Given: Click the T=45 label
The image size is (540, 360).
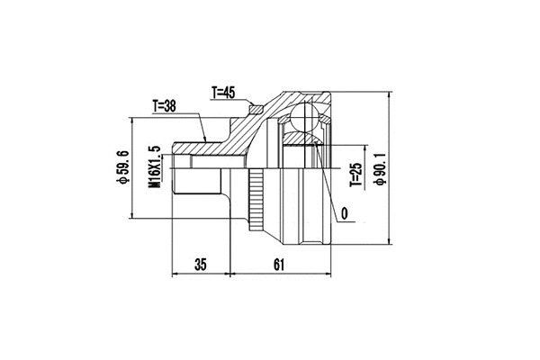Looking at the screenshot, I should click(225, 92).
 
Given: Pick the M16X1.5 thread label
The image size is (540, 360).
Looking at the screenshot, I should click(154, 168).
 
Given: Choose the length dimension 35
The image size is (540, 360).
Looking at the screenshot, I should click(201, 265).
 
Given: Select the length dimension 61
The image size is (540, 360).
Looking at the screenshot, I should click(279, 265).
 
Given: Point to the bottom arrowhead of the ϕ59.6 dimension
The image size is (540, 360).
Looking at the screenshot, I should click(132, 216).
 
